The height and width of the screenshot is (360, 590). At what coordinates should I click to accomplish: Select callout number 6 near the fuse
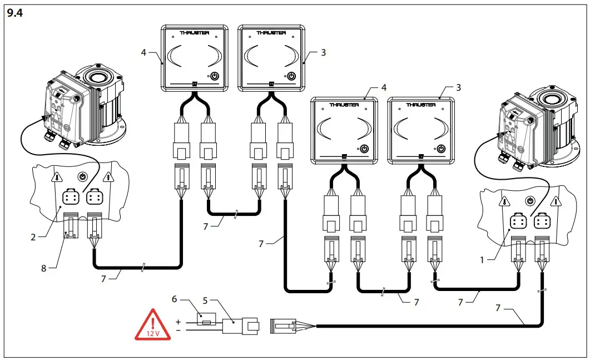[x=175, y=300]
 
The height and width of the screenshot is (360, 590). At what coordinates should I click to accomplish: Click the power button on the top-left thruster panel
[x=215, y=77]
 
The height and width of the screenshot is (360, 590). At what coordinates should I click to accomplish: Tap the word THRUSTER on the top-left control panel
[x=194, y=33]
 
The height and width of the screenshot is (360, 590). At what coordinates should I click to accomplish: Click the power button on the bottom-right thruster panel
[x=440, y=149]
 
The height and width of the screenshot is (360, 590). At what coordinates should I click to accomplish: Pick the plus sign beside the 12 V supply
[x=179, y=322]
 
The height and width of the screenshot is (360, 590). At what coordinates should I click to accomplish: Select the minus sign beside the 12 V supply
[x=179, y=330]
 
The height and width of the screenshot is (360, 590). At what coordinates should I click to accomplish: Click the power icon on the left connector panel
[x=82, y=176]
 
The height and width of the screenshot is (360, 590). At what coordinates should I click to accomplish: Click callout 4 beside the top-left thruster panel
[x=143, y=53]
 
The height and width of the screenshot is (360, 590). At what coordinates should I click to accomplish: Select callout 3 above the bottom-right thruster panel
[x=458, y=87]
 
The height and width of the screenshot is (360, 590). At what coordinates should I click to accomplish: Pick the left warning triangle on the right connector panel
[x=504, y=202]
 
